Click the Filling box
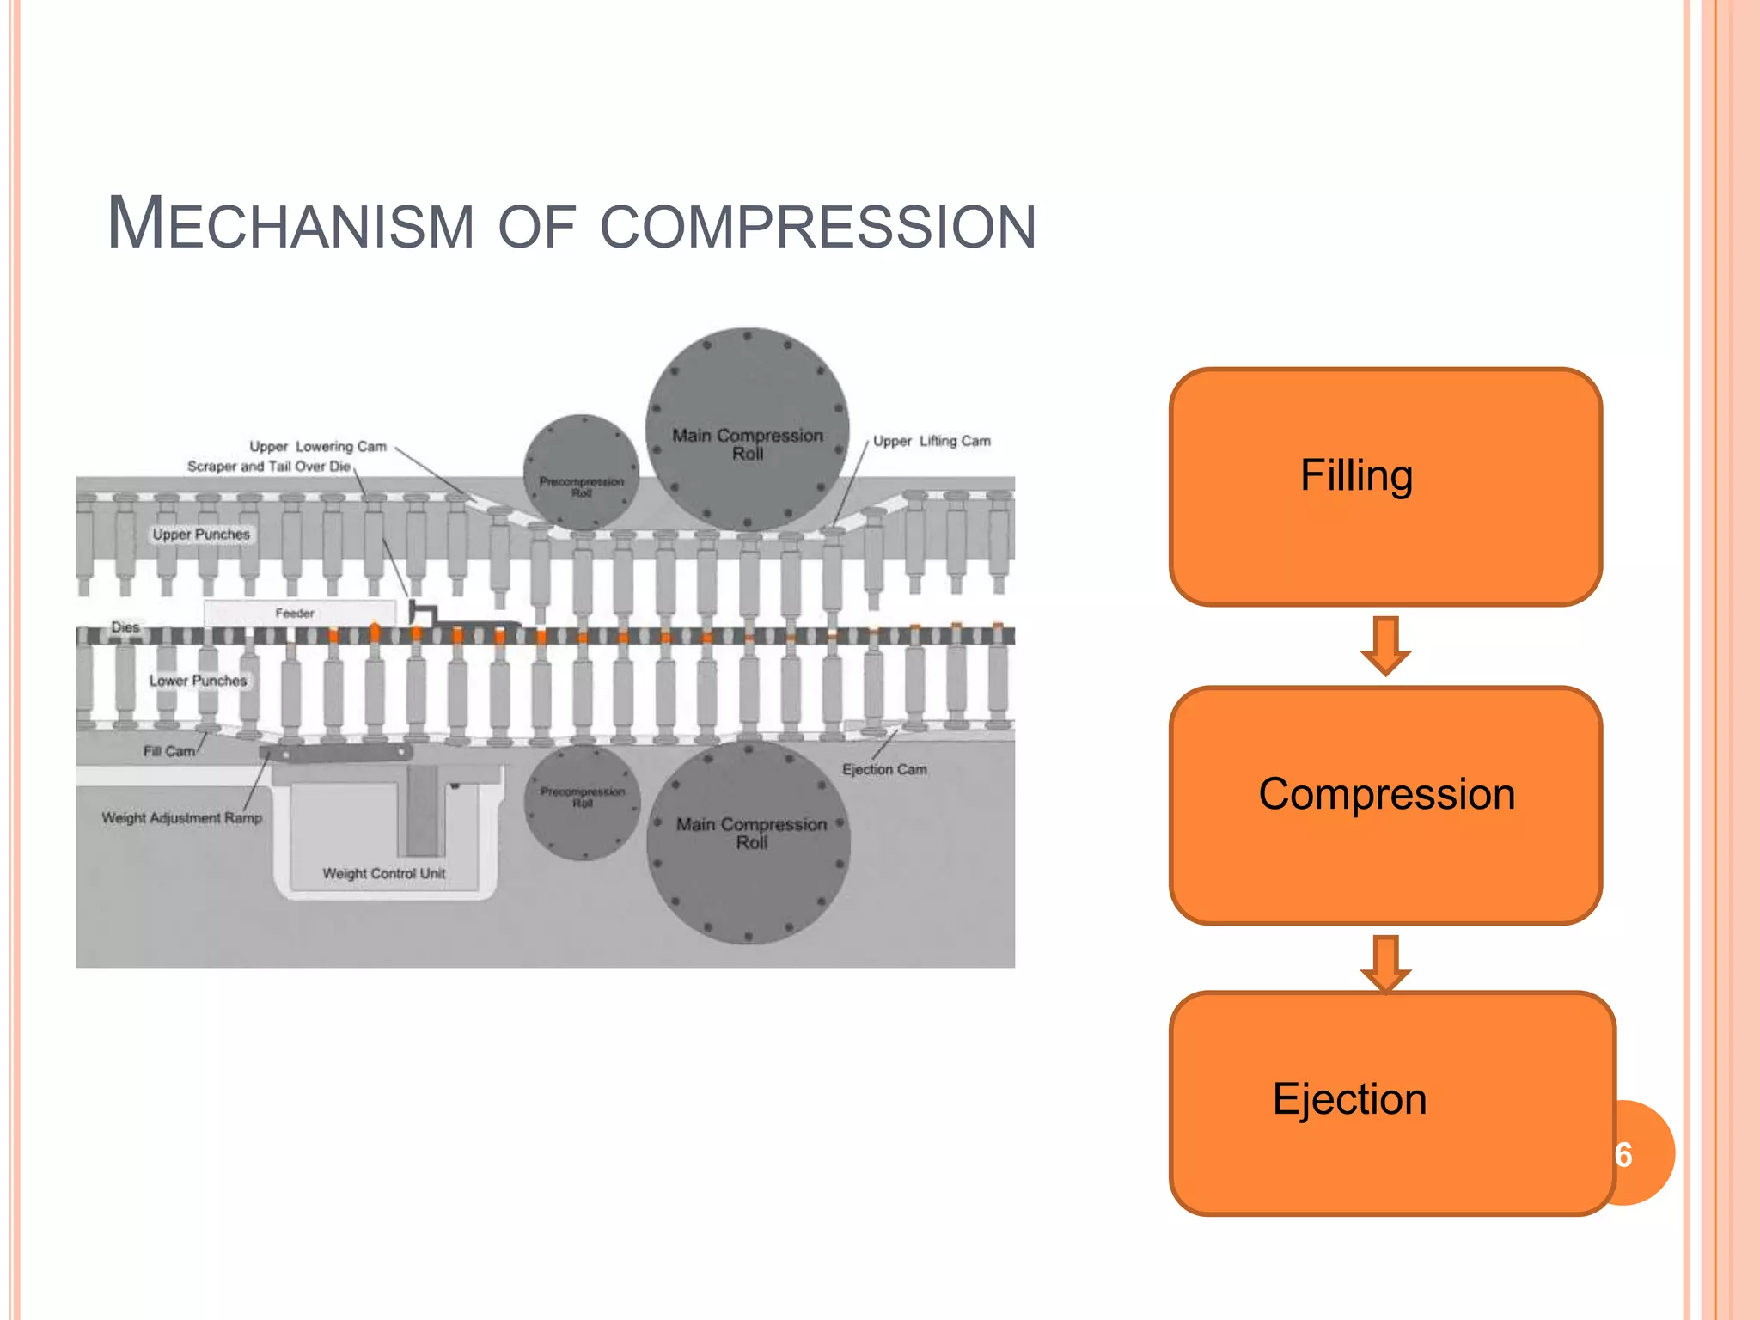tap(1385, 486)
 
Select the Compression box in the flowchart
tap(1385, 804)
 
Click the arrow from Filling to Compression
tap(1385, 645)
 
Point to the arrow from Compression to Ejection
tap(1385, 962)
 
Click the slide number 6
tap(1623, 1154)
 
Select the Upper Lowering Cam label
tap(318, 446)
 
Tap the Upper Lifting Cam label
tap(932, 441)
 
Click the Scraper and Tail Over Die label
tap(268, 466)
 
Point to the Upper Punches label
tap(201, 534)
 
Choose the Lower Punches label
tap(198, 681)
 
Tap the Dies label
tap(125, 627)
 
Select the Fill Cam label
tap(168, 751)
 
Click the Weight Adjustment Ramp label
tap(181, 817)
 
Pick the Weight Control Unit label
tap(383, 873)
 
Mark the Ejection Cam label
tap(884, 769)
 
